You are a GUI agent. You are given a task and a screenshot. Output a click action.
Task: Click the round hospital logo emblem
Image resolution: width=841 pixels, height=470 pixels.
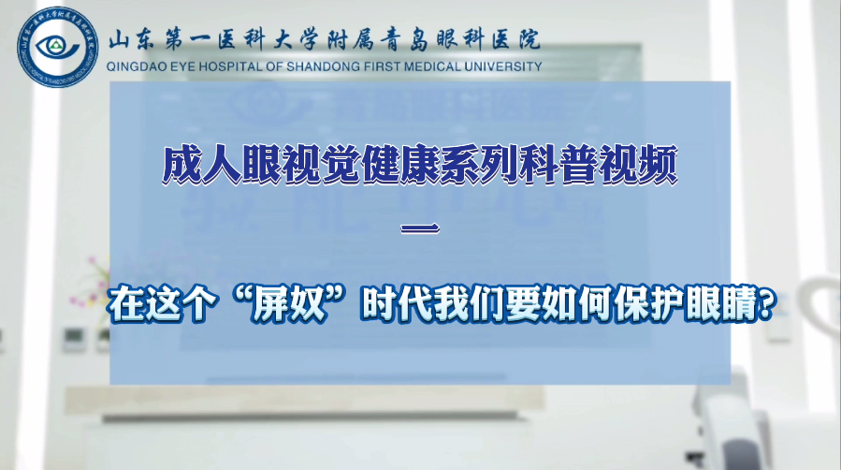(58, 47)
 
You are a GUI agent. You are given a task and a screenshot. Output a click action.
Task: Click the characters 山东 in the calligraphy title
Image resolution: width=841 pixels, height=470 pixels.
(131, 40)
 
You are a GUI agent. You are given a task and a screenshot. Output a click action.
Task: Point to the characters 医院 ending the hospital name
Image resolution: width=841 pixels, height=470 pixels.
(517, 40)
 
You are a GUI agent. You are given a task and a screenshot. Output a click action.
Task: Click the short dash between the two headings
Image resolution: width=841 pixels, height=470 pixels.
(421, 228)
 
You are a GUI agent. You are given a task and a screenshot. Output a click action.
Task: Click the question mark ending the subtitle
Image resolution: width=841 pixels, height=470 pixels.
(767, 304)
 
